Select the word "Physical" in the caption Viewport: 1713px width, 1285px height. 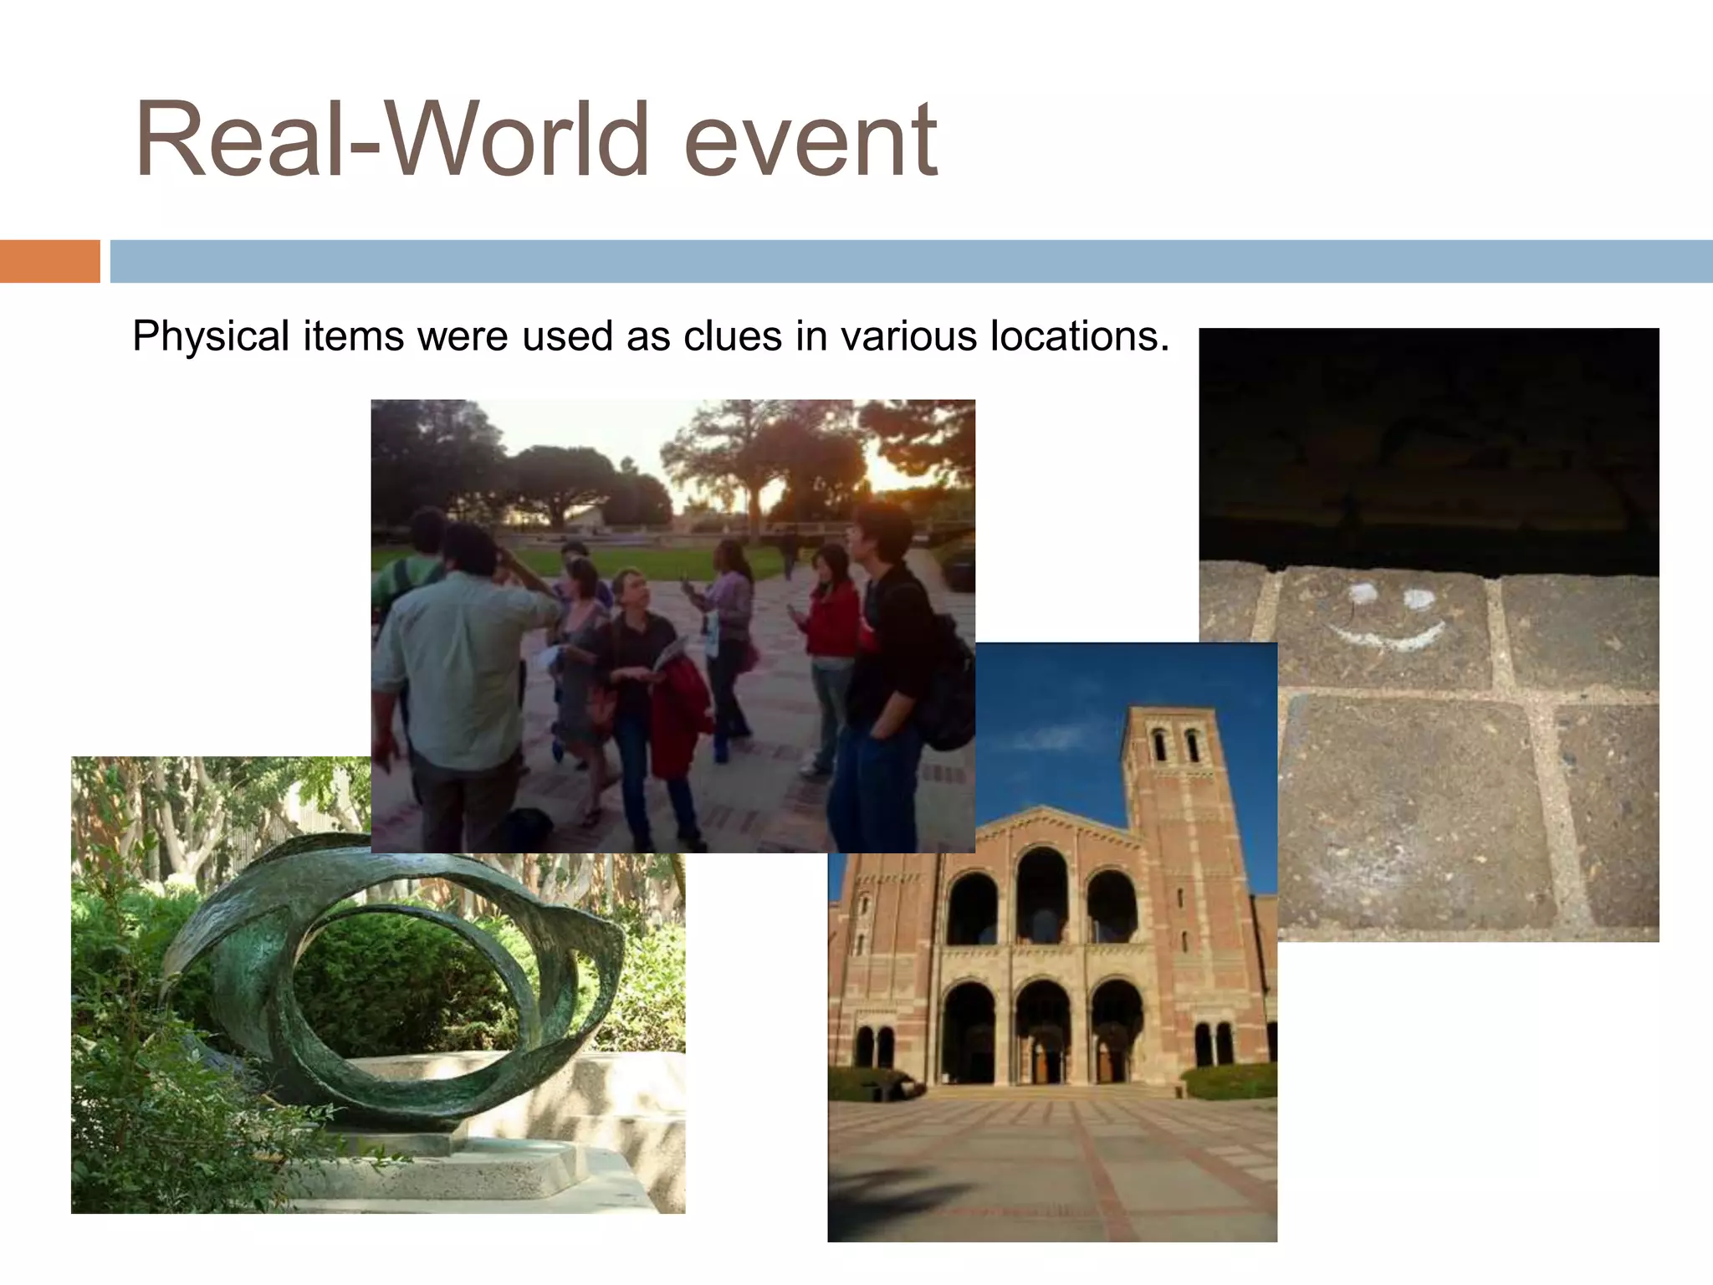click(x=211, y=336)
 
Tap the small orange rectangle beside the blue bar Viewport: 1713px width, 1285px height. click(x=49, y=261)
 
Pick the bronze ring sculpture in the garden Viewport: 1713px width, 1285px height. click(x=393, y=962)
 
